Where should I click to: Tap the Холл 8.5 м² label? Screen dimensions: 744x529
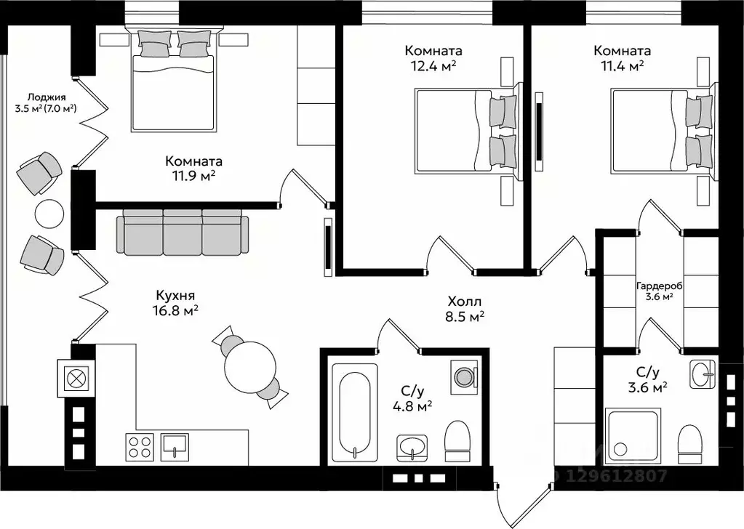464,308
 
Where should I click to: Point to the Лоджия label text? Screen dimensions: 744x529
46,97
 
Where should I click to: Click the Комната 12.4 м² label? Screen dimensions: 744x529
433,58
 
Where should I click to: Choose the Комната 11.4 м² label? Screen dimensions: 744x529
622,58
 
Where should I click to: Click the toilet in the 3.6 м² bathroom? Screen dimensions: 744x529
690,444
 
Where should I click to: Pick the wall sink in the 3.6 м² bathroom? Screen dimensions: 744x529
703,372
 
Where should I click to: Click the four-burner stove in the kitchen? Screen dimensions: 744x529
140,446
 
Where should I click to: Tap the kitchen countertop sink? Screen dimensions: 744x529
175,446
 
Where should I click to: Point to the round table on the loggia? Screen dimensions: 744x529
49,214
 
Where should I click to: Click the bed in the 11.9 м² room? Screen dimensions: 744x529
172,79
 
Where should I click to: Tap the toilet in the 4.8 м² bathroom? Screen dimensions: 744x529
457,441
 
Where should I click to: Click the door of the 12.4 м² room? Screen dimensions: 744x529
451,254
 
